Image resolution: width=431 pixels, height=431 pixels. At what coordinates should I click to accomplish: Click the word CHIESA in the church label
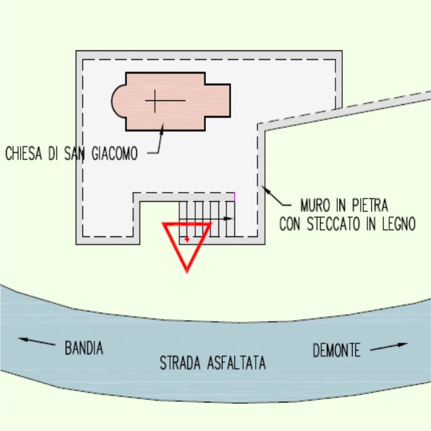[x=25, y=153]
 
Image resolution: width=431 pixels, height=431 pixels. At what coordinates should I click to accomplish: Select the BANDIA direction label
[x=84, y=347]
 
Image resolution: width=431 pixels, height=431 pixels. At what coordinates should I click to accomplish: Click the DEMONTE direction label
[x=337, y=349]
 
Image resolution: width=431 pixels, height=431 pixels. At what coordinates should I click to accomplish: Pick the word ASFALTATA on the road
[x=236, y=363]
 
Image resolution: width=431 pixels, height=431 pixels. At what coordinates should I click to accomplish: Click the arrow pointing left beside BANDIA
[x=37, y=341]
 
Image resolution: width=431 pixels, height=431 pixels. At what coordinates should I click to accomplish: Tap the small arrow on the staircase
[x=228, y=218]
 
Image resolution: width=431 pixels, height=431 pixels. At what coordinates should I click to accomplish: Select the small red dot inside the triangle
[x=188, y=237]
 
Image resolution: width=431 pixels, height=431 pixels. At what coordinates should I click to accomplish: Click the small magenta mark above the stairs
[x=234, y=197]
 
